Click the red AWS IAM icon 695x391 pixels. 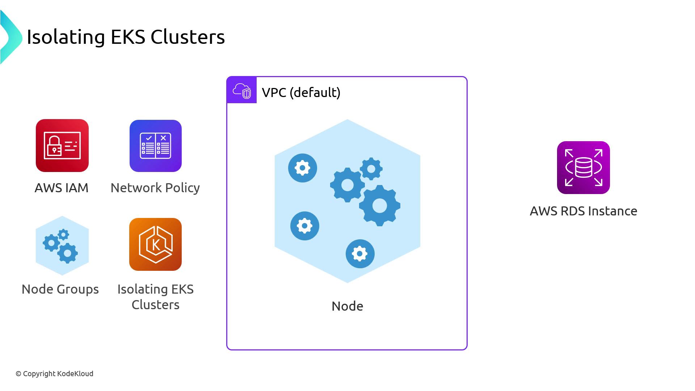(62, 146)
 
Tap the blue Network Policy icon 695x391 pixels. (156, 146)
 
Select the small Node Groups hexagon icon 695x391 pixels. (62, 246)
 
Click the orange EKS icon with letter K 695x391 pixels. (155, 244)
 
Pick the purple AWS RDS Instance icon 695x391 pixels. (583, 168)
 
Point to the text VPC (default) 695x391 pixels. (301, 93)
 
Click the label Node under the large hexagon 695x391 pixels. (347, 306)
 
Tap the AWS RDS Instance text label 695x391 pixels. (583, 211)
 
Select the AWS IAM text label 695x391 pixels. (62, 188)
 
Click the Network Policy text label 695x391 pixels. (155, 188)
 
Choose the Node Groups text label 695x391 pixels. (60, 289)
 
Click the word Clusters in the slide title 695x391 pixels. (188, 37)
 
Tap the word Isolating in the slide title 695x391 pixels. (66, 37)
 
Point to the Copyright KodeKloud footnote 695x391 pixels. (54, 374)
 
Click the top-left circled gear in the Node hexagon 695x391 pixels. (303, 168)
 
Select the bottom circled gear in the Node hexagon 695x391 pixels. (360, 254)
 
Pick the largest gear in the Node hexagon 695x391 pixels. (379, 206)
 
